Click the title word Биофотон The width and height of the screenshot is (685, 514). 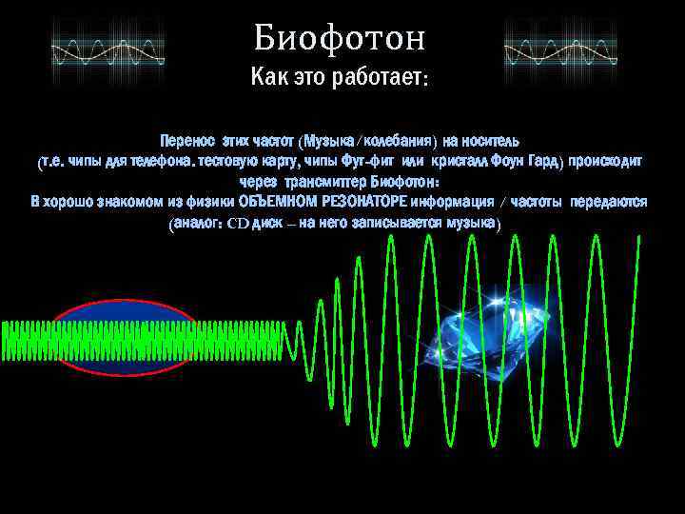point(341,39)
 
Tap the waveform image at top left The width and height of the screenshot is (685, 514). point(107,45)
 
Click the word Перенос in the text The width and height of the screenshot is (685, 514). point(186,140)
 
